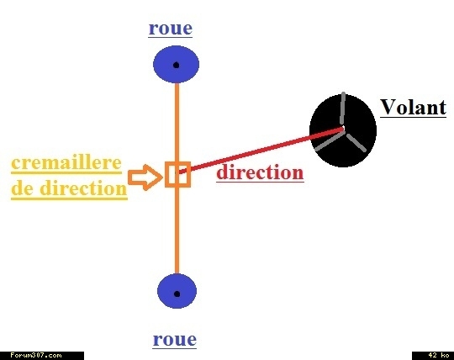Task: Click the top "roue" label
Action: pyautogui.click(x=170, y=29)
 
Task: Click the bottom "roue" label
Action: pyautogui.click(x=175, y=340)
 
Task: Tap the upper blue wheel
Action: pyautogui.click(x=176, y=64)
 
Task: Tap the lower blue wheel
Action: pyautogui.click(x=177, y=291)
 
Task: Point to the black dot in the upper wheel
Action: pyautogui.click(x=176, y=65)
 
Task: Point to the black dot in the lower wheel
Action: pyautogui.click(x=177, y=294)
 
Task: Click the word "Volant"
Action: pyautogui.click(x=413, y=107)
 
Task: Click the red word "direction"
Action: pyautogui.click(x=260, y=172)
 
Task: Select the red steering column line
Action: pyautogui.click(x=261, y=151)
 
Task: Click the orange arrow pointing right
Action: pyautogui.click(x=145, y=177)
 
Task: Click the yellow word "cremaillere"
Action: pyautogui.click(x=66, y=163)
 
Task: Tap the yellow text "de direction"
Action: pyautogui.click(x=69, y=188)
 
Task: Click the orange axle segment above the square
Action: pyautogui.click(x=177, y=122)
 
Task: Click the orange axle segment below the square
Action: pyautogui.click(x=177, y=230)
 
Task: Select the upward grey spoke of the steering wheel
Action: pyautogui.click(x=342, y=109)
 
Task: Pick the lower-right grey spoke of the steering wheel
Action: pyautogui.click(x=356, y=142)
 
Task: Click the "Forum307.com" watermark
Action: pyautogui.click(x=36, y=355)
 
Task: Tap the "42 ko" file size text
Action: pyautogui.click(x=439, y=355)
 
